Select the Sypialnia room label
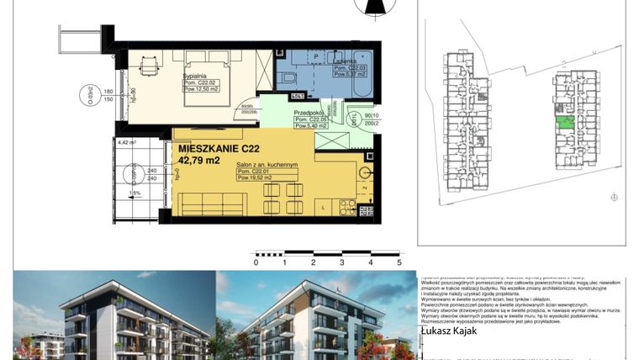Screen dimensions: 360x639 click(195, 76)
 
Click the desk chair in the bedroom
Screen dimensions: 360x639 click(150, 63)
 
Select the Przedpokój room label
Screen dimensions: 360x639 click(309, 113)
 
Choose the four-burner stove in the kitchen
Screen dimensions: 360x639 click(346, 205)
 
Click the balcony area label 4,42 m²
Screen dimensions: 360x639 click(127, 143)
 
